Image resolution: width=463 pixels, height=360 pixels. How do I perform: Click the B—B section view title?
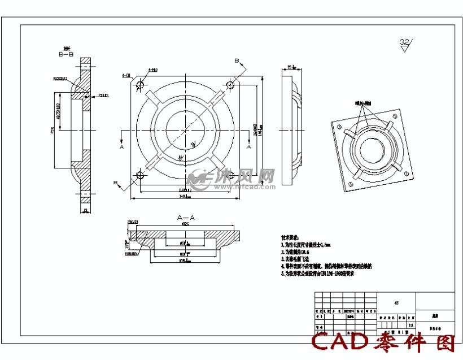[66, 54]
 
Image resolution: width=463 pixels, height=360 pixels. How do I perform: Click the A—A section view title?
[186, 217]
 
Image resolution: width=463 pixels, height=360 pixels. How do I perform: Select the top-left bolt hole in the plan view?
[140, 85]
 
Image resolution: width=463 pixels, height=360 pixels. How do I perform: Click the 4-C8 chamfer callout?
[126, 75]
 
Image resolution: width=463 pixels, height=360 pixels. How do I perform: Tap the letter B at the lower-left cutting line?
[116, 183]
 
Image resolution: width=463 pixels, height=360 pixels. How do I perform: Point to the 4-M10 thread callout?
[152, 70]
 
